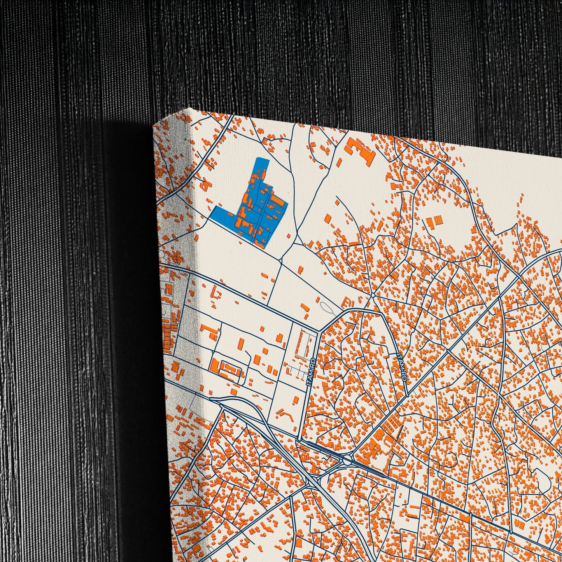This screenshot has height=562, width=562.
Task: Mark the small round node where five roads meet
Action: (373, 296)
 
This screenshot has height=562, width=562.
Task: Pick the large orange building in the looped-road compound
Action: (215, 366)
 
